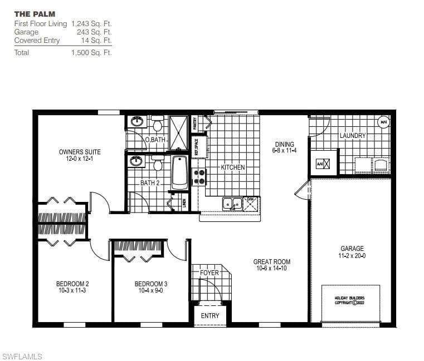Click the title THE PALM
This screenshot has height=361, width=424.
tap(35, 14)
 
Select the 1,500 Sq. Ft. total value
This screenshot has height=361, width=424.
tap(91, 53)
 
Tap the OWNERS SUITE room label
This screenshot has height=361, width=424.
tap(80, 152)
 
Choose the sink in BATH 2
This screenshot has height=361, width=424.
tap(136, 161)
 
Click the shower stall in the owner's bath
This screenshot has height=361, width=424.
tap(179, 132)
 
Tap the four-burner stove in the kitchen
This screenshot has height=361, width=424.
tap(199, 177)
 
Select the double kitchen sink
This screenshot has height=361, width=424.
tap(232, 204)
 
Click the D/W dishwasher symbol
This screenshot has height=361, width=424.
tap(251, 205)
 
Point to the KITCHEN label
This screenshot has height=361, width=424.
tap(233, 167)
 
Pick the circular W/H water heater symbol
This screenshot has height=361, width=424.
tap(383, 122)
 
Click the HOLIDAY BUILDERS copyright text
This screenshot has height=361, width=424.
tap(350, 300)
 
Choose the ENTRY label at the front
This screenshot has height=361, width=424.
tap(210, 316)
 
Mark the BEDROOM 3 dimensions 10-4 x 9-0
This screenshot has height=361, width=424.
tap(150, 290)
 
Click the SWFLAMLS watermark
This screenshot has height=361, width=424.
tap(22, 355)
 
